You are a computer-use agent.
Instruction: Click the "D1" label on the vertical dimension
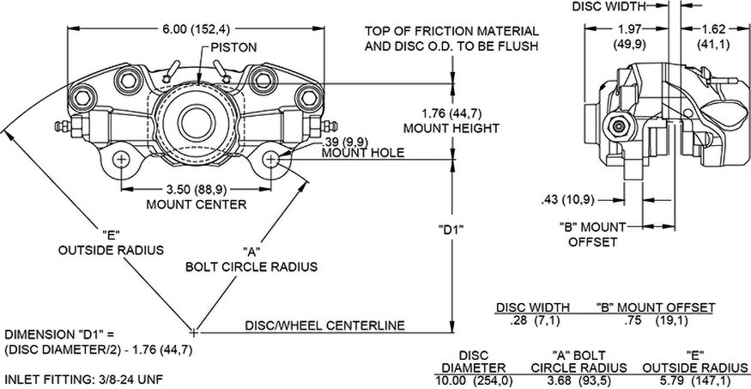[x=451, y=229]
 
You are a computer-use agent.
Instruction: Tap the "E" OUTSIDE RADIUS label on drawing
[x=111, y=242]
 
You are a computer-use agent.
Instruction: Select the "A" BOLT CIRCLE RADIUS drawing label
[x=252, y=259]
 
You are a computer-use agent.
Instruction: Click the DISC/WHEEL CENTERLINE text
[x=325, y=325]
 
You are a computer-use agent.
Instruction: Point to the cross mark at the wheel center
[x=195, y=331]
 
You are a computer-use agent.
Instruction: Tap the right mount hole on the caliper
[x=272, y=160]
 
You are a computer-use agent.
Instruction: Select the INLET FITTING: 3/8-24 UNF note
[x=84, y=378]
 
